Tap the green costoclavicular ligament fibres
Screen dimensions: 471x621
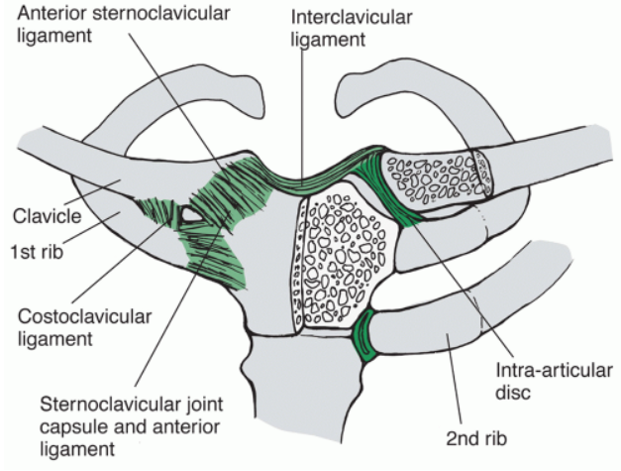pos(158,212)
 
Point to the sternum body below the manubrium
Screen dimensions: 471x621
pos(297,397)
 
